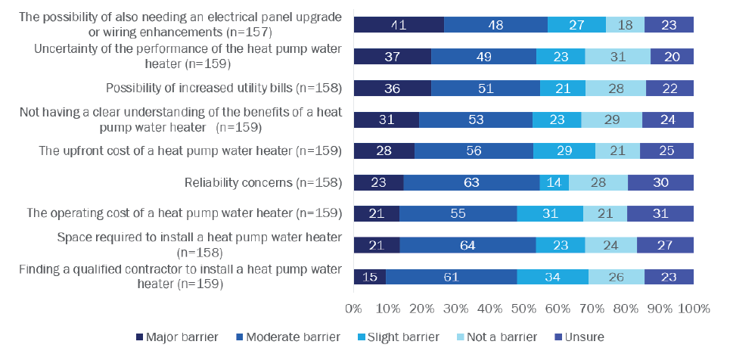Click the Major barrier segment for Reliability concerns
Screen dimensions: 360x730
coord(378,182)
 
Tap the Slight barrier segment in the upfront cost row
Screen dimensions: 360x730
coord(564,151)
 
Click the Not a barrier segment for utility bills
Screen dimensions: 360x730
coord(616,88)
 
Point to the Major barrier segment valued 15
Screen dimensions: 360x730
coord(369,277)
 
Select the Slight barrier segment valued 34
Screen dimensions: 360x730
coord(553,277)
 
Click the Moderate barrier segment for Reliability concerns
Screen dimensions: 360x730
coord(471,182)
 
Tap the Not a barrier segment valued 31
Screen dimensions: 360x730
coord(617,56)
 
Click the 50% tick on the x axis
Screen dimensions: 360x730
coord(523,309)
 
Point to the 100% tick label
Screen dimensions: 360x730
coord(694,309)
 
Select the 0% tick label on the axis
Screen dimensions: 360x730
coord(353,309)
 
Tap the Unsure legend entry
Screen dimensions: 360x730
coord(579,336)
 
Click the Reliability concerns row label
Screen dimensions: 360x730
coord(263,182)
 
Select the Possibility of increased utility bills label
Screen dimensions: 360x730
coord(224,88)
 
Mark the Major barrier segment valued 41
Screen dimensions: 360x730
coord(399,23)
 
